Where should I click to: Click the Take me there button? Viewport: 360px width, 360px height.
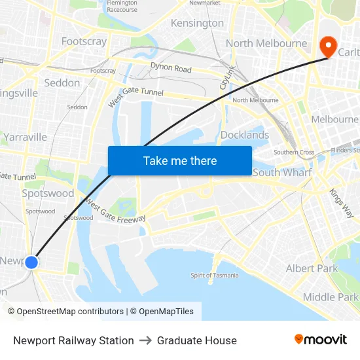180,160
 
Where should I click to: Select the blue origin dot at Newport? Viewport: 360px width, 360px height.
31,262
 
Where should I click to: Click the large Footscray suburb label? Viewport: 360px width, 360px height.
84,41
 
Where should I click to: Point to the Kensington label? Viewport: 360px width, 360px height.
197,23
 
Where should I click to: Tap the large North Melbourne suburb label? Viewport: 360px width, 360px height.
266,43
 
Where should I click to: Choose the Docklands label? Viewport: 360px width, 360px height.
245,135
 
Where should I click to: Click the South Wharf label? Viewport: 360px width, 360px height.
282,172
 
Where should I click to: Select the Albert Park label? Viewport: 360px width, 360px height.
312,268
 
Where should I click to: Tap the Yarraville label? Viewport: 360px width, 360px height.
25,137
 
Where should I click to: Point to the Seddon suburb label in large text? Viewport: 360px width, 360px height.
62,83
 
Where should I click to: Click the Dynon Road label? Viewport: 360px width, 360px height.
171,68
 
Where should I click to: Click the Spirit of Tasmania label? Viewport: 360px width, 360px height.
215,275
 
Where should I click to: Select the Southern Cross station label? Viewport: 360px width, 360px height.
294,153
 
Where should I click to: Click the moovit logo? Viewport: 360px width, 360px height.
320,340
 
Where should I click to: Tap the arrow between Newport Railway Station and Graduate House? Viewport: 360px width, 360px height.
145,340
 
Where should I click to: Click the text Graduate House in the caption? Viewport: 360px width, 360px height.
197,340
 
